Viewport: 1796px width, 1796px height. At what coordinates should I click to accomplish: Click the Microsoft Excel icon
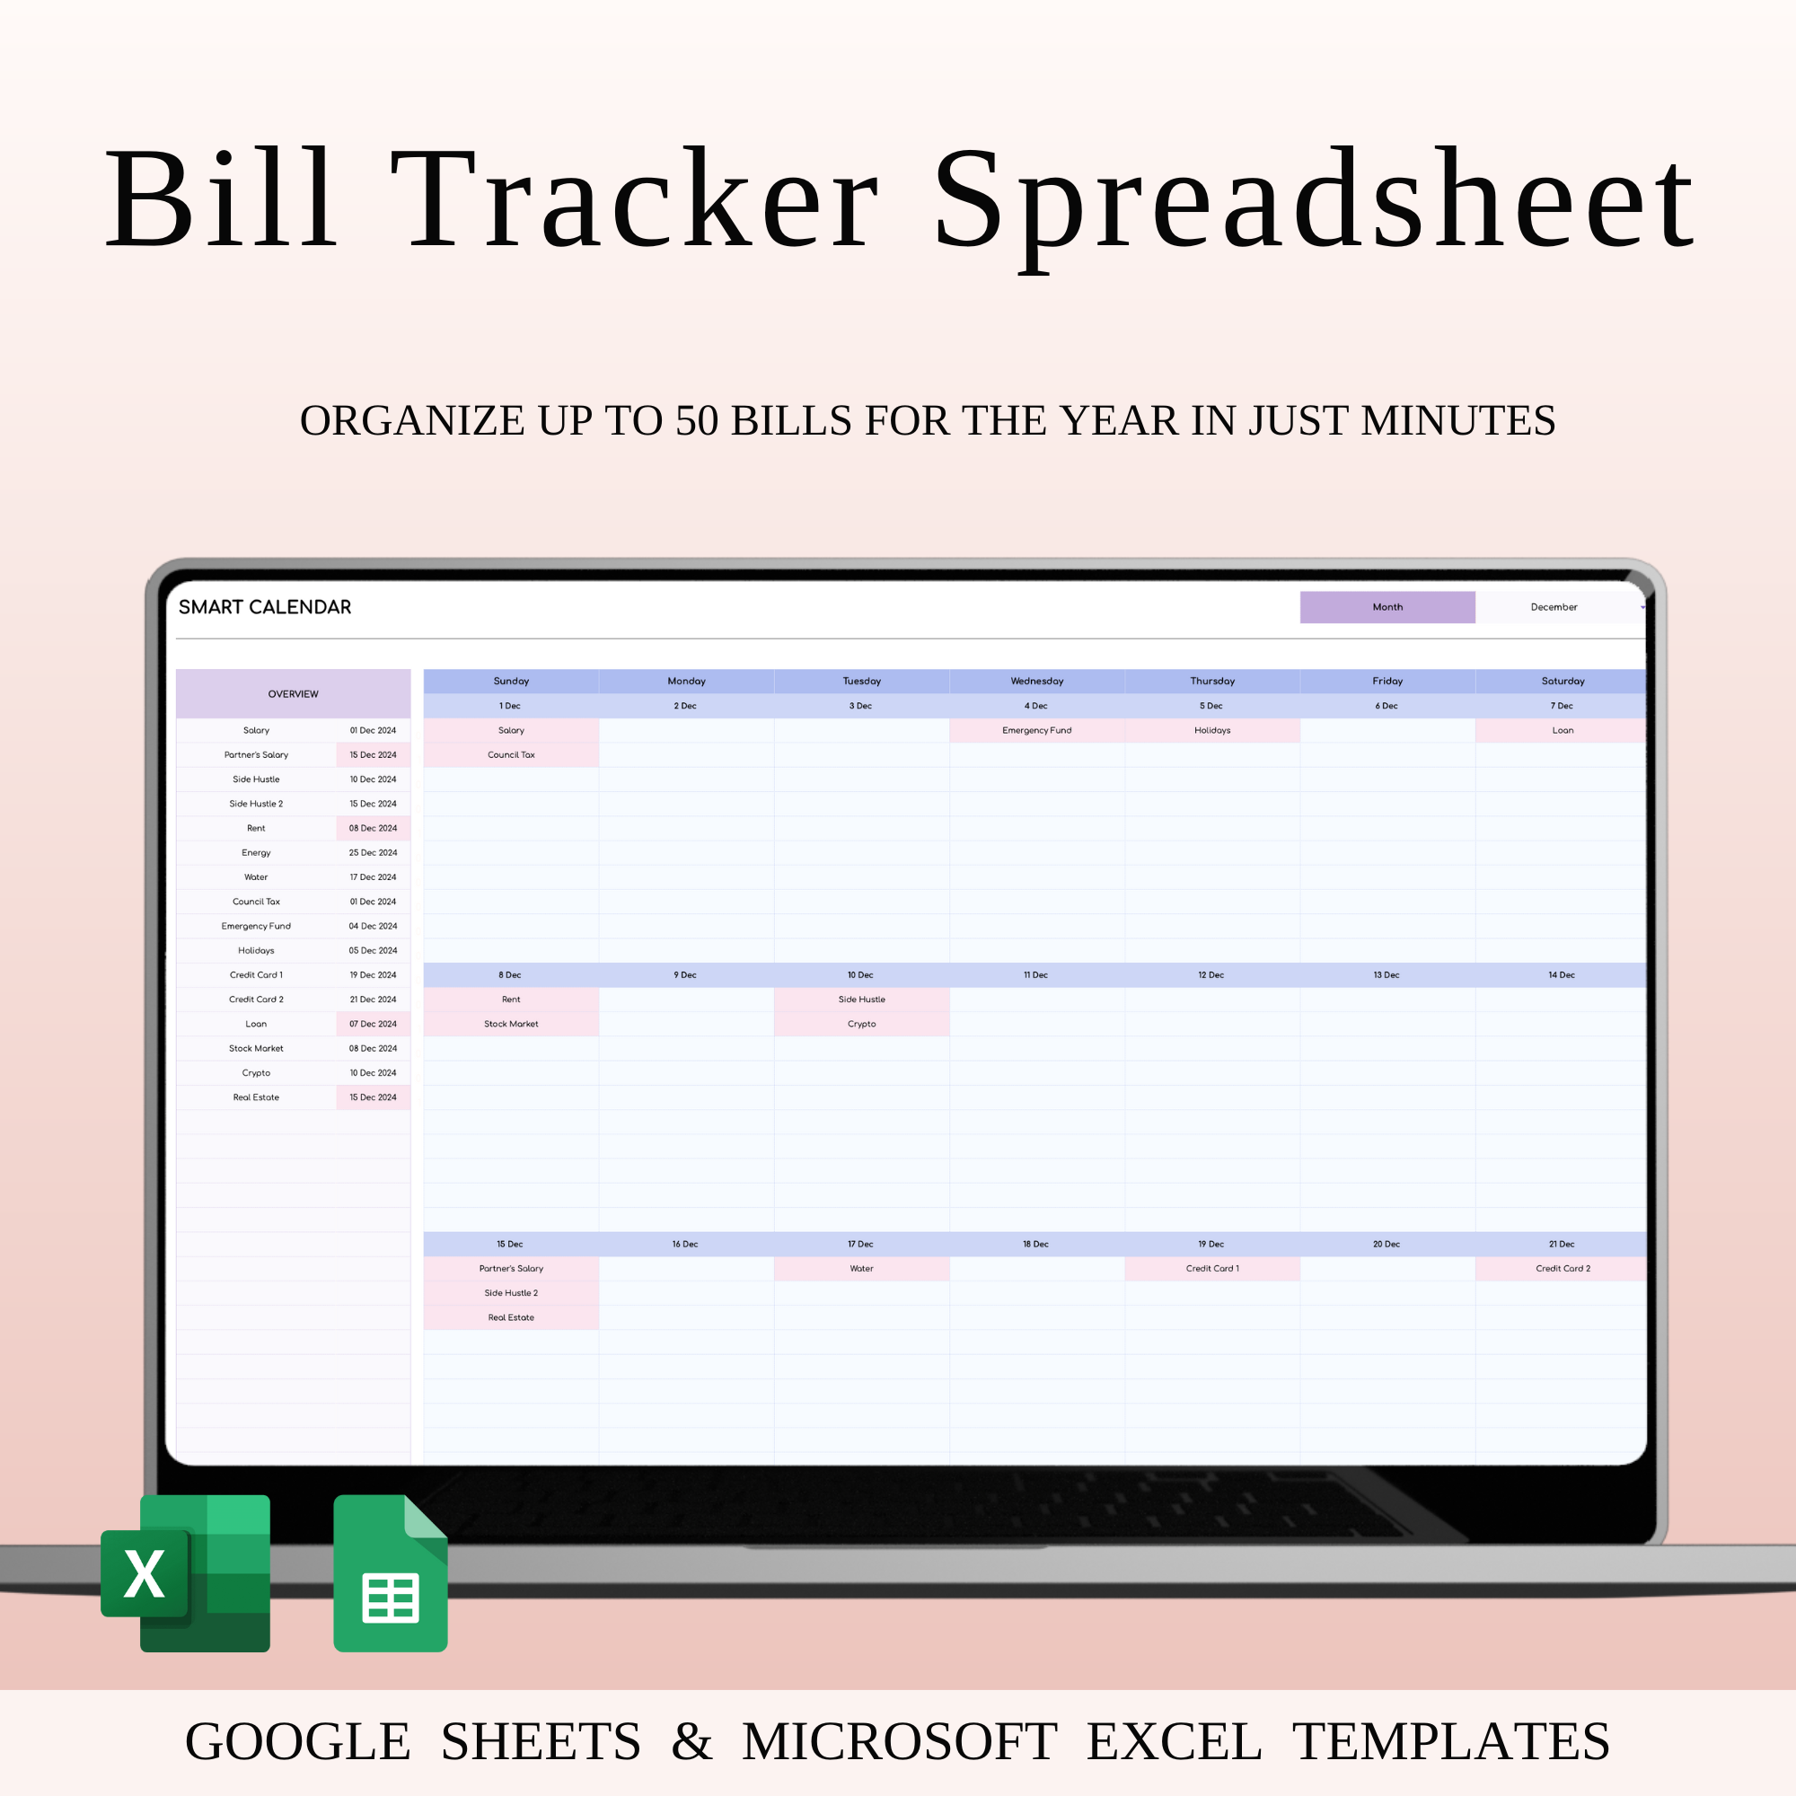tap(186, 1573)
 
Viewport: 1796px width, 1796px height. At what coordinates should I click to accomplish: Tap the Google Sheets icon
tap(391, 1574)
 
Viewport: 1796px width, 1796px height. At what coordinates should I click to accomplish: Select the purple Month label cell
tap(1387, 607)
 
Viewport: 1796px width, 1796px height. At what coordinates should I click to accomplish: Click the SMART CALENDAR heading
tap(265, 607)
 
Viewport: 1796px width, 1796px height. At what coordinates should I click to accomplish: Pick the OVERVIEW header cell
tap(293, 694)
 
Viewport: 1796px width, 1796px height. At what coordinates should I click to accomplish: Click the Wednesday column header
tap(1036, 682)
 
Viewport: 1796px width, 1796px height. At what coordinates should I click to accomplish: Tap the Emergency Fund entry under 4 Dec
tap(1036, 731)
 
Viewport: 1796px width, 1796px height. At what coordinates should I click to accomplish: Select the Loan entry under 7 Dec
tap(1563, 731)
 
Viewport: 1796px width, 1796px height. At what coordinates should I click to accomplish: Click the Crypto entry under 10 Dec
tap(862, 1025)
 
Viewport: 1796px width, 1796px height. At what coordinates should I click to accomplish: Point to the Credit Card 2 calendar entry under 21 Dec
tap(1563, 1269)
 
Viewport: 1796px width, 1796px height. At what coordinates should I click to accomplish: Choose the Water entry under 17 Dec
tap(862, 1269)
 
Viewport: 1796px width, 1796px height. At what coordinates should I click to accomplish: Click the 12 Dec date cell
tap(1211, 975)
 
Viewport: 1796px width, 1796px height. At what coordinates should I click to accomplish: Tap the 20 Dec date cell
tap(1386, 1244)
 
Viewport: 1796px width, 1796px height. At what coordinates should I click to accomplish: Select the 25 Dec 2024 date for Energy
tap(373, 852)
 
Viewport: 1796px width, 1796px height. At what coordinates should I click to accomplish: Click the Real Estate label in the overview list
tap(256, 1098)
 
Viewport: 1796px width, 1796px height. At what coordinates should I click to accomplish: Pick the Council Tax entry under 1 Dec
tap(511, 755)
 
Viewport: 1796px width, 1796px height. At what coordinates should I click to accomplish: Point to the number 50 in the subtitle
tap(696, 420)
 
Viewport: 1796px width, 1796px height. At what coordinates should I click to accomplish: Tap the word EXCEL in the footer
tap(1174, 1741)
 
